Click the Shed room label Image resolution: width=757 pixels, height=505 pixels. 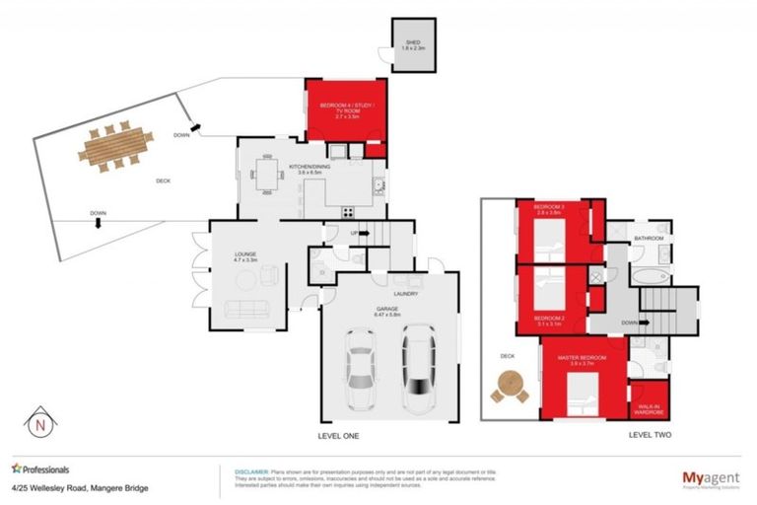pos(413,45)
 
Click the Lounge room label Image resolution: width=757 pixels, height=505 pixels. pos(245,258)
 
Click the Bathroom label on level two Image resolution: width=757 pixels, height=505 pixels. pos(649,239)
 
